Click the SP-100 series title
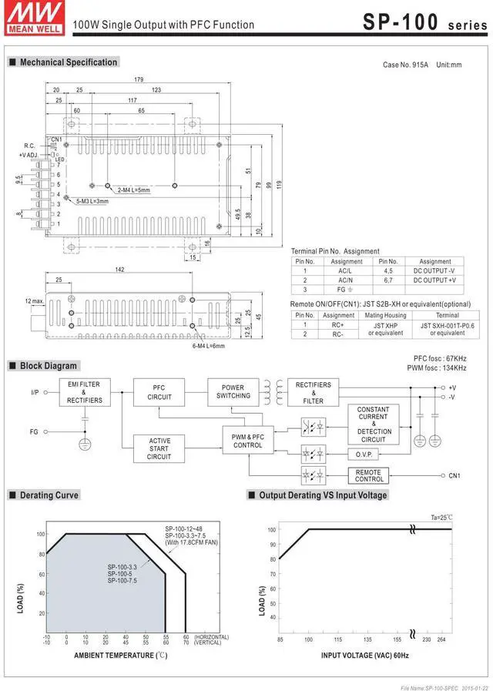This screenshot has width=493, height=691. click(x=424, y=22)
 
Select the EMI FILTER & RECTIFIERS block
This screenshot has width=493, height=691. click(x=84, y=392)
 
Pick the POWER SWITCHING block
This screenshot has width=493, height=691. click(x=233, y=391)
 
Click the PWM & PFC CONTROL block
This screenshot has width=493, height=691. click(x=247, y=441)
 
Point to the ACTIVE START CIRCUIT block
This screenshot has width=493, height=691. click(x=159, y=448)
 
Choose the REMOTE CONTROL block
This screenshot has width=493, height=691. click(x=368, y=475)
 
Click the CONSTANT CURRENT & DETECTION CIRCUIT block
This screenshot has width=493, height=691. click(x=373, y=424)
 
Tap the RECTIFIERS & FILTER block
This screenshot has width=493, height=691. click(x=313, y=392)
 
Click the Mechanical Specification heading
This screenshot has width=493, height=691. click(x=69, y=62)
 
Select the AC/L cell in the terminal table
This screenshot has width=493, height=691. click(x=344, y=271)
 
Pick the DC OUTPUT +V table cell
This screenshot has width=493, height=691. click(x=434, y=280)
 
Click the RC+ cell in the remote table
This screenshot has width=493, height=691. click(x=338, y=324)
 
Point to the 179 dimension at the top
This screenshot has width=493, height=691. click(x=139, y=80)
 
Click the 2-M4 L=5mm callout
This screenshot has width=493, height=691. click(x=133, y=190)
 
